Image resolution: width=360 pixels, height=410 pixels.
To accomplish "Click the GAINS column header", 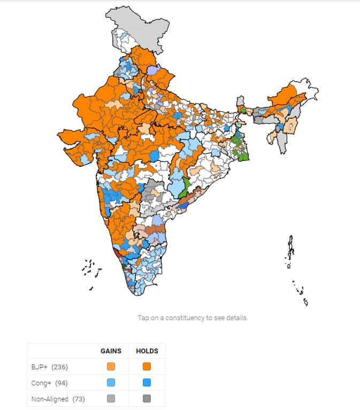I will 111,351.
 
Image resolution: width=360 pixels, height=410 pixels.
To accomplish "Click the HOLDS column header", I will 147,351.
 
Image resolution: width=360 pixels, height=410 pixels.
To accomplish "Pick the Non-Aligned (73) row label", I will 58,399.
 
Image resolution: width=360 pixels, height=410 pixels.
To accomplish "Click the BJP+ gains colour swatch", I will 111,367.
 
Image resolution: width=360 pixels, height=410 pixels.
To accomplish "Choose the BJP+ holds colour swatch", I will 147,367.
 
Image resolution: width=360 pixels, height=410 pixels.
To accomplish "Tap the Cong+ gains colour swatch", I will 111,383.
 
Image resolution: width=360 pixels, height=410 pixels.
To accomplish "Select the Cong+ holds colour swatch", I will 147,383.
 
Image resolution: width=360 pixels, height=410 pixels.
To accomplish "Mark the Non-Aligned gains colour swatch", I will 111,399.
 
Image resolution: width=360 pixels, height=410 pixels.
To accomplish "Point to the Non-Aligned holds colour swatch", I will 147,399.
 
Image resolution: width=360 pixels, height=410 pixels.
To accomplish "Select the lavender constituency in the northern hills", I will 153,70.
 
